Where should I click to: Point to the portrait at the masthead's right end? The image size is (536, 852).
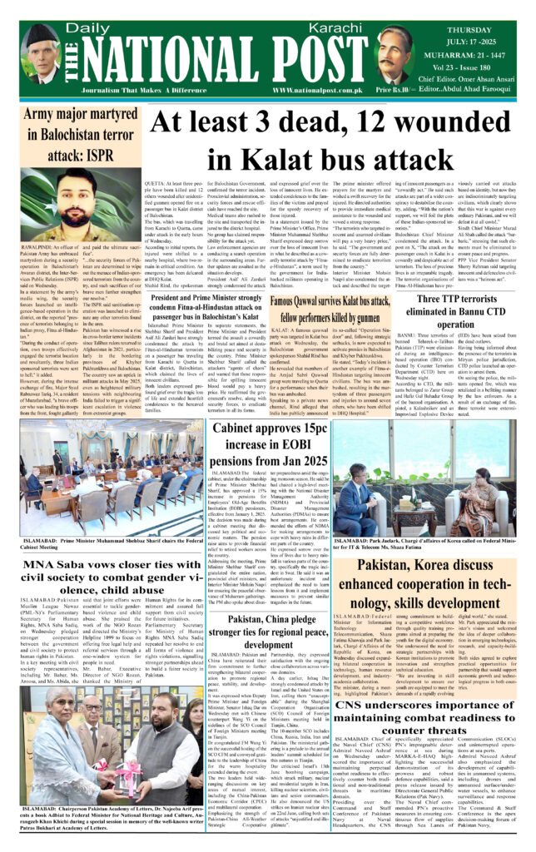click(x=404, y=52)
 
